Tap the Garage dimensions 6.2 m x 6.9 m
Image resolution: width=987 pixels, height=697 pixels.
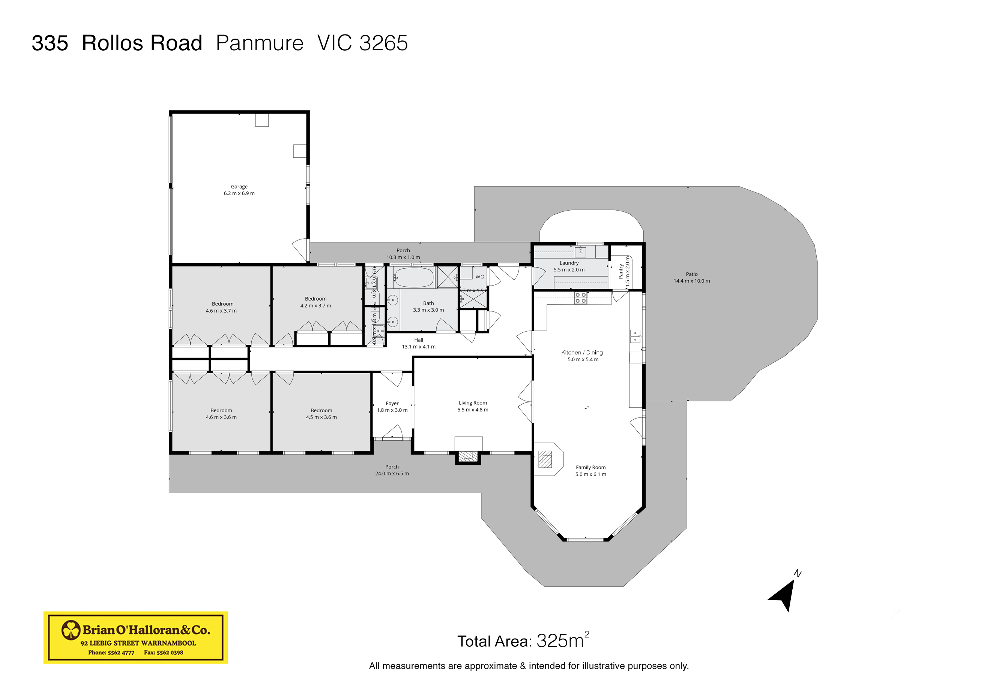[x=239, y=193]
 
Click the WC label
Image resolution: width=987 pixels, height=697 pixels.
[x=480, y=277]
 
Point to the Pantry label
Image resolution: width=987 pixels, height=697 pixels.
[x=621, y=271]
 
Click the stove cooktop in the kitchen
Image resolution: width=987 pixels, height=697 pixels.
[x=580, y=298]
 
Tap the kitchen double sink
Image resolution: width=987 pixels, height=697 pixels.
[x=635, y=336]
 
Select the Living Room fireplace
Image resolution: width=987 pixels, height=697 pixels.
[x=468, y=456]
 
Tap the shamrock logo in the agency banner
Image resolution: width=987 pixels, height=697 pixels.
[x=71, y=630]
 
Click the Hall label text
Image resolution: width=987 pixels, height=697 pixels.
[x=418, y=340]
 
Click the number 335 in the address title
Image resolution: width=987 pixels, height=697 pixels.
[x=50, y=43]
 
